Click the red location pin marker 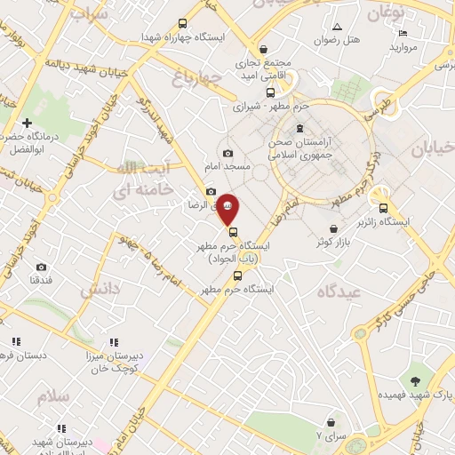[228, 208]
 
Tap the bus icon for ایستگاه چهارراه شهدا [183, 24]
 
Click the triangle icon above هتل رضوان [336, 26]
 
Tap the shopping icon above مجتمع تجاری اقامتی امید [263, 50]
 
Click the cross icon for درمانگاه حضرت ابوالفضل [28, 123]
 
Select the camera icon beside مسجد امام [229, 154]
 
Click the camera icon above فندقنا [41, 267]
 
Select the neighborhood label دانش [100, 291]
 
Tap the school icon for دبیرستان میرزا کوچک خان [114, 341]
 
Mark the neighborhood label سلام [53, 396]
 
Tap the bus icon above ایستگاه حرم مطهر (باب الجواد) [234, 232]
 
